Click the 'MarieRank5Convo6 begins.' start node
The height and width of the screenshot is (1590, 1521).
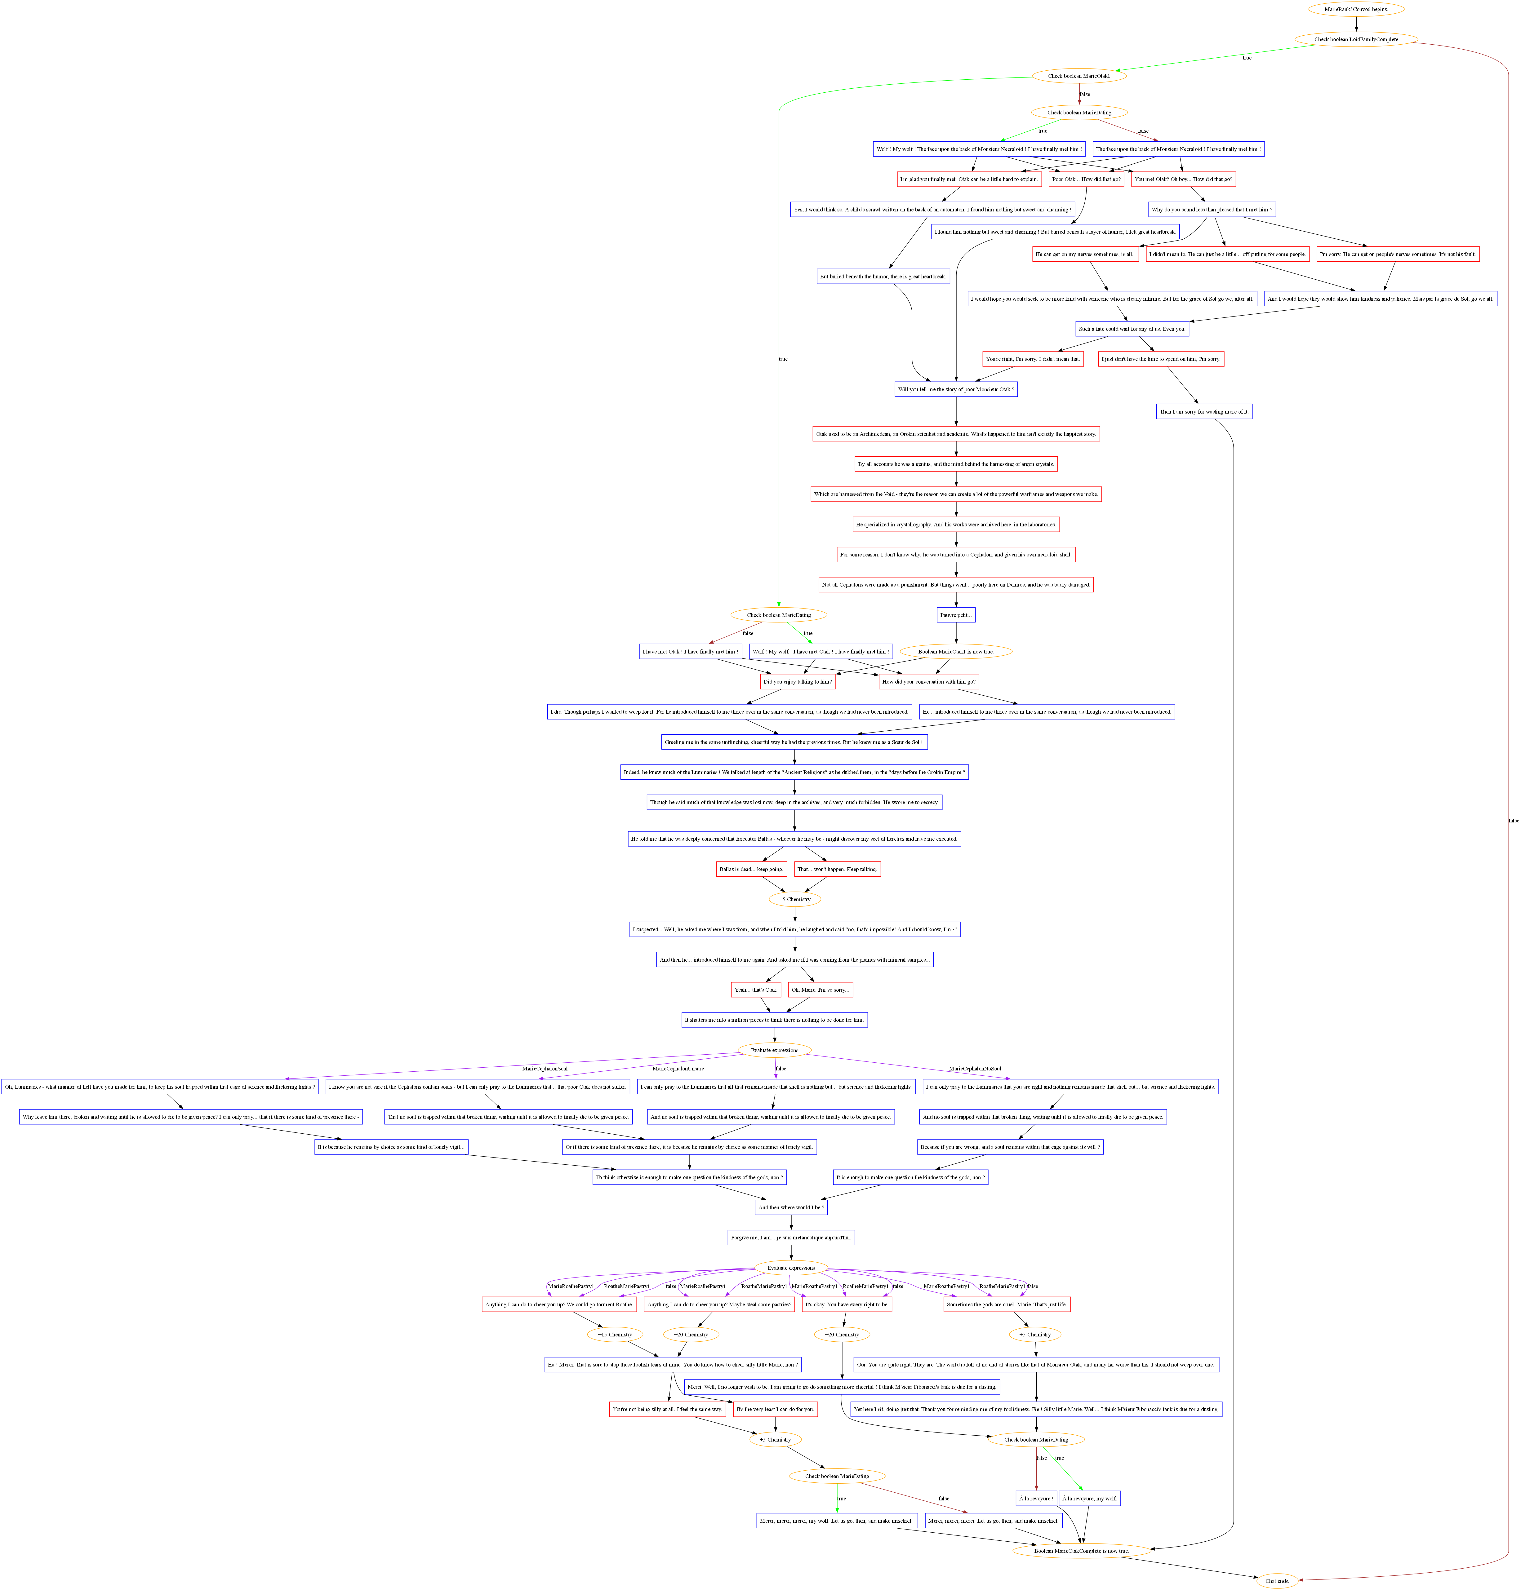point(1356,10)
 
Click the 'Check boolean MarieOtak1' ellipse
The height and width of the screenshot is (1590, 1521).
point(1078,76)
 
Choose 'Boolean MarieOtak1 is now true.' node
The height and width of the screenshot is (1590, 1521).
point(955,652)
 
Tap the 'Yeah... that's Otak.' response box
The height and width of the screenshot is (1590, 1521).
point(755,990)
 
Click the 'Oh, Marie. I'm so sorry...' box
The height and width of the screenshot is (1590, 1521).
point(820,990)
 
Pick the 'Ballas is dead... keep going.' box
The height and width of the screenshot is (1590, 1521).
point(751,869)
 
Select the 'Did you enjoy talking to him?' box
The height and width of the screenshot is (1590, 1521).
point(797,682)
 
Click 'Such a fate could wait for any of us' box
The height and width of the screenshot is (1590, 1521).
point(1132,329)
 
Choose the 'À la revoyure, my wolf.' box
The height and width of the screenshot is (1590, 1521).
point(1089,1499)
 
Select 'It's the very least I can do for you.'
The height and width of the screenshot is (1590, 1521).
point(774,1409)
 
